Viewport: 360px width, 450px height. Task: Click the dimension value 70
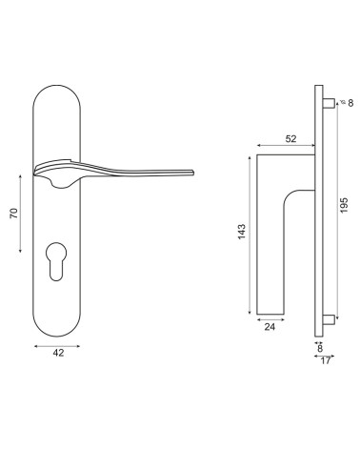coord(14,213)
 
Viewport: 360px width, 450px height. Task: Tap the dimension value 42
coord(58,353)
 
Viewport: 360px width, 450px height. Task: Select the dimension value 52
coord(290,139)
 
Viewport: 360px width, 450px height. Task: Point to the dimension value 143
coord(242,232)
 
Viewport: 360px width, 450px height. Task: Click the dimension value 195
coord(344,206)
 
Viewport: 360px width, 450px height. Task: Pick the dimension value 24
coord(270,327)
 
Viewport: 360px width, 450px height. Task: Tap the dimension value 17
coord(326,361)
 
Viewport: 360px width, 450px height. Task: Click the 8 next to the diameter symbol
coord(350,103)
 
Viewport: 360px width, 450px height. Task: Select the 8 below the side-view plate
coord(320,348)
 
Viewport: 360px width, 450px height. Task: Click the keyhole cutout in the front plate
coord(56,261)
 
